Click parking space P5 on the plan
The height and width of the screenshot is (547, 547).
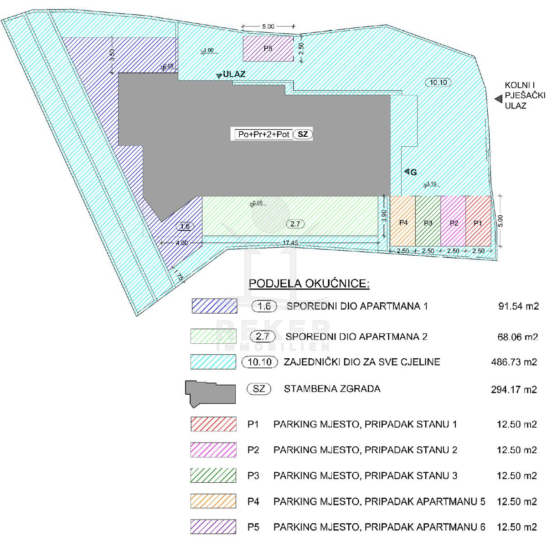click(268, 48)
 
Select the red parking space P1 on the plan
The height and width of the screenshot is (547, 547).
click(478, 221)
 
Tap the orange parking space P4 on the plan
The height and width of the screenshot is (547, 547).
click(403, 221)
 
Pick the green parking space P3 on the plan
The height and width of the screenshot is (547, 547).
click(428, 221)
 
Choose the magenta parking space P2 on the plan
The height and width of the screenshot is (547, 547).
click(453, 221)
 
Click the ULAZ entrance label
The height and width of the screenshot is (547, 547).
click(234, 74)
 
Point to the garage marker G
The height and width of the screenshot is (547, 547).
click(413, 172)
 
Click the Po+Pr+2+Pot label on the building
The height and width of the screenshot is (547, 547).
click(263, 134)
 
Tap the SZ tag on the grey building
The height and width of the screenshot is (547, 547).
click(303, 134)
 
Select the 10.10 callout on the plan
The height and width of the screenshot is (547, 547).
click(438, 83)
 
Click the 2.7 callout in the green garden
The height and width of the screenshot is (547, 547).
click(295, 224)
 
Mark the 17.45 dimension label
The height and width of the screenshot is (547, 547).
click(290, 243)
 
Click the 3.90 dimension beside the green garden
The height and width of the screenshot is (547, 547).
click(384, 216)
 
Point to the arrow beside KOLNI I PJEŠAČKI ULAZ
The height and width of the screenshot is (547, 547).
click(499, 99)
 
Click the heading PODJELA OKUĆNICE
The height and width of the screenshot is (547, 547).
click(309, 284)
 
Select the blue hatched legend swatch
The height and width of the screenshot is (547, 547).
click(215, 306)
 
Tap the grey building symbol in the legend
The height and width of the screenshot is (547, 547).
click(210, 394)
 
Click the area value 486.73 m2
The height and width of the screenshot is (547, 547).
click(514, 362)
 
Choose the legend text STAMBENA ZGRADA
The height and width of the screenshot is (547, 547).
click(332, 389)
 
